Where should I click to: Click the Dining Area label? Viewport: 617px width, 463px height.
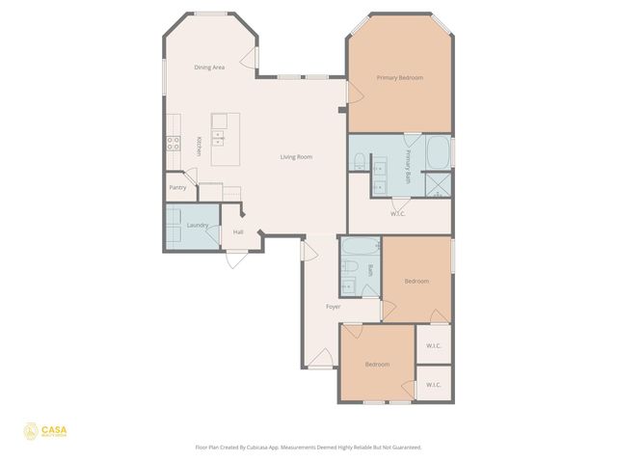[209, 68]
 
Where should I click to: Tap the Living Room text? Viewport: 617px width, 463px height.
[296, 156]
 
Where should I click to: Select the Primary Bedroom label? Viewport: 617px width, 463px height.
[399, 77]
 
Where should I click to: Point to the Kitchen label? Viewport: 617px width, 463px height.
[199, 146]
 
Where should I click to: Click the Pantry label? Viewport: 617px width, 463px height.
[177, 187]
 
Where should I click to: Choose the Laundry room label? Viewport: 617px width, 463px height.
[198, 225]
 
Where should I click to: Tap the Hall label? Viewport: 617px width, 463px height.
[237, 231]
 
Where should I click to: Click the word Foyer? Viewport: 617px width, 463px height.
[333, 307]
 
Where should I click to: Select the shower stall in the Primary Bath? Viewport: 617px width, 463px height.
[439, 183]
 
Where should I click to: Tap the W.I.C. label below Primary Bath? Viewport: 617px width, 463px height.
[398, 213]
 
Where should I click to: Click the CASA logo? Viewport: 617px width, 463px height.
[44, 431]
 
